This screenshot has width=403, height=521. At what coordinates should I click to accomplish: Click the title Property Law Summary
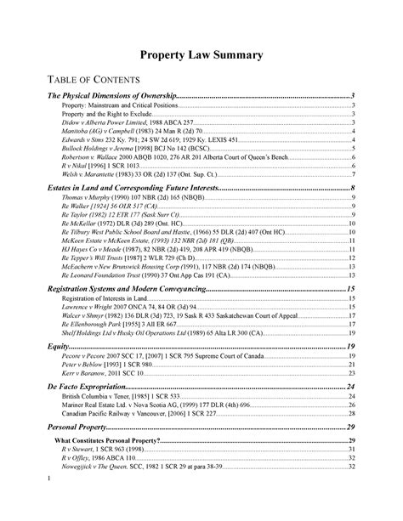pos(201,54)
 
